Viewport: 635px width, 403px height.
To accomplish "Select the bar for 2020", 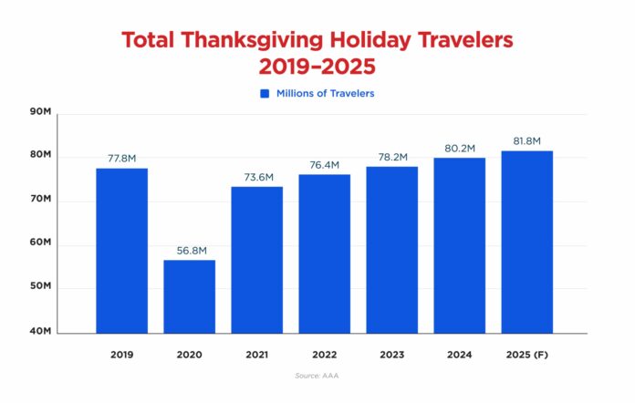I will coord(190,296).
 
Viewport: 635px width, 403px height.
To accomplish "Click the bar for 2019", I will coord(122,251).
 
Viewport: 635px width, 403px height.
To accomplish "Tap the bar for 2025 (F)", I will coord(527,242).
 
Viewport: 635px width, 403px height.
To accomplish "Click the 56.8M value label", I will coord(190,250).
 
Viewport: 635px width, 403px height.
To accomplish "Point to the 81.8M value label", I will coord(527,140).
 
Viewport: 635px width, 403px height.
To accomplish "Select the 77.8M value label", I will coord(122,158).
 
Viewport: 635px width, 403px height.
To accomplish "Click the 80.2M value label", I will coord(460,148).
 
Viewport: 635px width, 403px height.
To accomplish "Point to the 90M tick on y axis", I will coord(41,112).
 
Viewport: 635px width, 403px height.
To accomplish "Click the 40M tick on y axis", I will coord(41,331).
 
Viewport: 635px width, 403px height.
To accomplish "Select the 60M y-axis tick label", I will coord(41,243).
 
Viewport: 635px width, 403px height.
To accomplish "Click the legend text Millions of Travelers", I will coord(326,93).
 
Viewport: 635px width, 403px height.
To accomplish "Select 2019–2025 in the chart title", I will coord(317,67).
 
